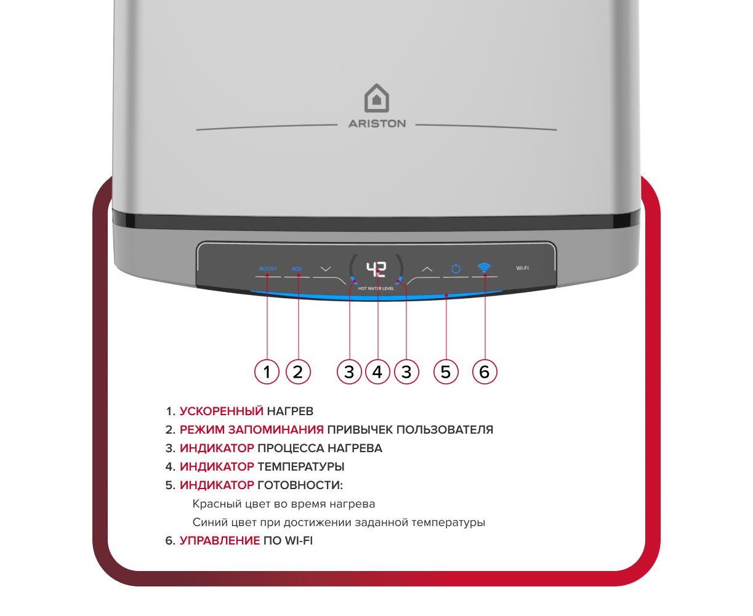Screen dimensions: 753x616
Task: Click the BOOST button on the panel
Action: pos(268,269)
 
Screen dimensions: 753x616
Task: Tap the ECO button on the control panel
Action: pos(297,269)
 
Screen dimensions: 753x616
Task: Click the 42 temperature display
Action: pos(376,269)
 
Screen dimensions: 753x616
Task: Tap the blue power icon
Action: pos(456,269)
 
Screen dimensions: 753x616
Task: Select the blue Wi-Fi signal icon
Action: pos(484,268)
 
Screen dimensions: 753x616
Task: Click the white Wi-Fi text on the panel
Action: pos(522,268)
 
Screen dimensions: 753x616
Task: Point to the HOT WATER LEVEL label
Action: pos(376,288)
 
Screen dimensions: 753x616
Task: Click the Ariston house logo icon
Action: pos(377,99)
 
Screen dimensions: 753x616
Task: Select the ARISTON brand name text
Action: pos(377,124)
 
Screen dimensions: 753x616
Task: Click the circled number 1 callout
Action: pos(267,371)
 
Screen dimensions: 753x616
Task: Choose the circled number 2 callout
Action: pos(298,371)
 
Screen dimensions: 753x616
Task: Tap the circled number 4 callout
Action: pos(377,371)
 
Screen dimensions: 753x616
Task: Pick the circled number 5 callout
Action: pos(446,371)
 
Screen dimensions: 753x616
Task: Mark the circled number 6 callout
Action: pos(485,371)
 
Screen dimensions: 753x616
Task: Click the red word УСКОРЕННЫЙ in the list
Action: pos(222,411)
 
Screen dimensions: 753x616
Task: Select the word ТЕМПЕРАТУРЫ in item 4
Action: pos(301,467)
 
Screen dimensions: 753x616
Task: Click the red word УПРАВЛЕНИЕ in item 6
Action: pos(220,541)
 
